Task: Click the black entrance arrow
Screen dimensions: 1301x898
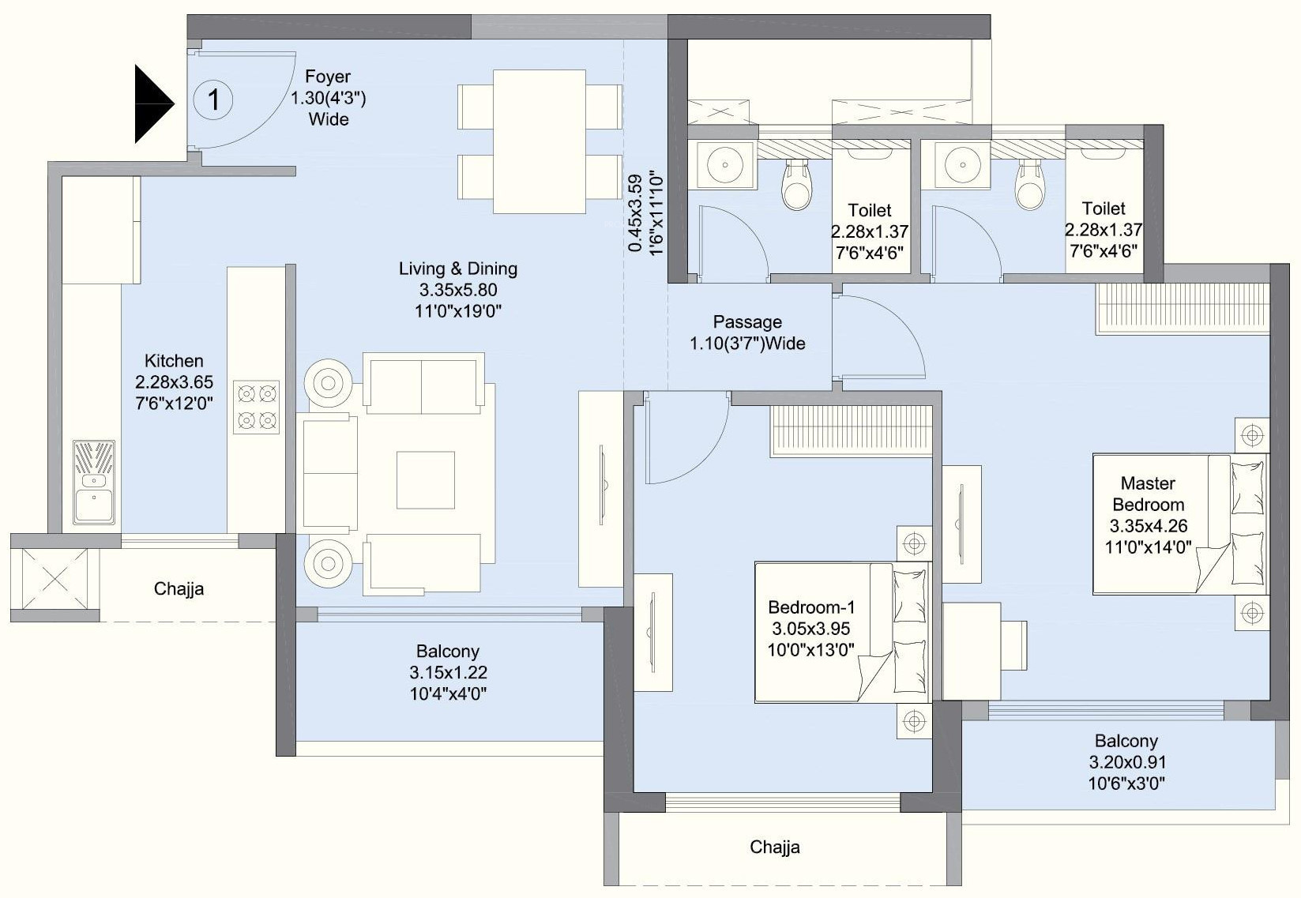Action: [x=152, y=104]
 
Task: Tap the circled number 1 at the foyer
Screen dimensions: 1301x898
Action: [x=213, y=100]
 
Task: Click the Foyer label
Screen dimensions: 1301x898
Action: [x=328, y=77]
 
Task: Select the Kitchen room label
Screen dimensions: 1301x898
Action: [x=174, y=361]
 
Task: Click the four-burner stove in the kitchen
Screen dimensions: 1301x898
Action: [x=256, y=407]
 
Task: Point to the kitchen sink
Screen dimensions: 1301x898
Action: [x=93, y=482]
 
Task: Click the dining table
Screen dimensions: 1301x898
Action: [x=539, y=141]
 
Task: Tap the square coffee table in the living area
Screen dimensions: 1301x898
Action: [x=426, y=479]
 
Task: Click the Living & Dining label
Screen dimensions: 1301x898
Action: [x=457, y=269]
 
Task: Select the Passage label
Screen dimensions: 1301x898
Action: [x=747, y=321]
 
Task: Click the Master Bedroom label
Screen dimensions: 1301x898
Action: [x=1149, y=494]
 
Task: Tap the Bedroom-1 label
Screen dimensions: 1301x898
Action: [x=811, y=607]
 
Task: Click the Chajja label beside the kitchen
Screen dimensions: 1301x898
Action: [x=179, y=589]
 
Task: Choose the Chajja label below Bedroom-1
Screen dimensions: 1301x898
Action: [x=775, y=847]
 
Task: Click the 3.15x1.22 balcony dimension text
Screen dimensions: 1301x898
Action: [x=448, y=672]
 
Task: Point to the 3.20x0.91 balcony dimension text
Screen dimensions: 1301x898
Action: [x=1127, y=761]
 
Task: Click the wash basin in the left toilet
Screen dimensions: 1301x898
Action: [x=724, y=164]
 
